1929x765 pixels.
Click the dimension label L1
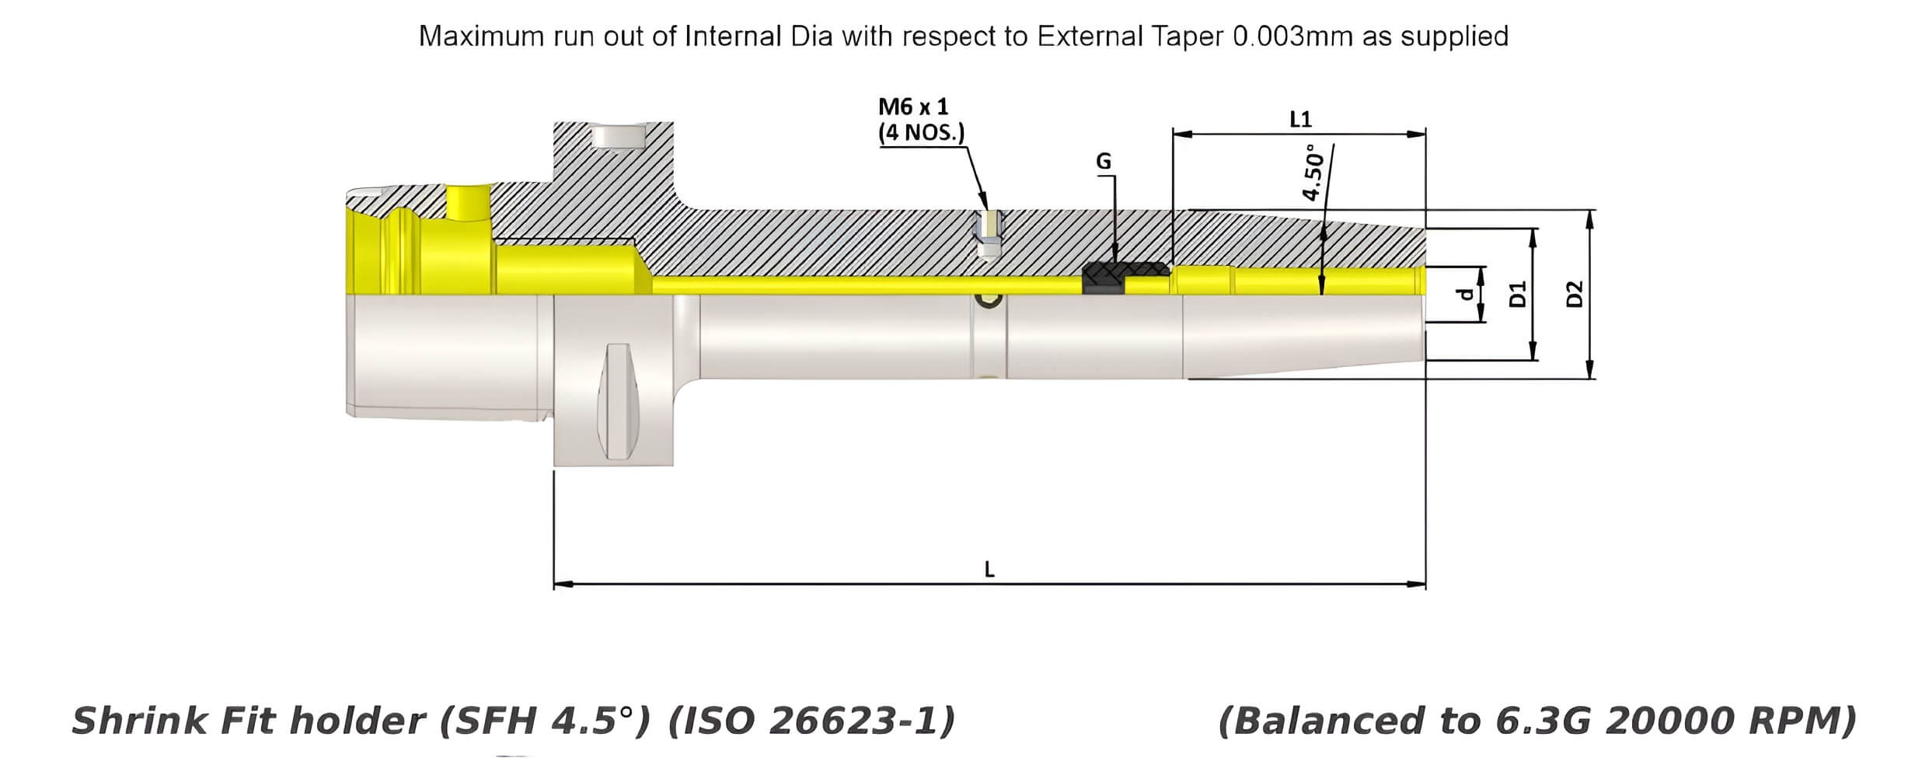point(1299,119)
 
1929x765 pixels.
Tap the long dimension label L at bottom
point(989,570)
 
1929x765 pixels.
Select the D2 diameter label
point(1575,294)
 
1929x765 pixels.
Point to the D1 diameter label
point(1518,294)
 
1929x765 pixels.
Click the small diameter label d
point(1464,294)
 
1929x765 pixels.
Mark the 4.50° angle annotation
point(1312,173)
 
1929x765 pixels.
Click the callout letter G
point(1103,161)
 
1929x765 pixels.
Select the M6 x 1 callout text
point(913,107)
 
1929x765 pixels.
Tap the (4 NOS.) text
point(921,132)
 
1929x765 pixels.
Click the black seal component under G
point(1104,278)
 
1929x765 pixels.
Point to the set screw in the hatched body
point(989,237)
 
